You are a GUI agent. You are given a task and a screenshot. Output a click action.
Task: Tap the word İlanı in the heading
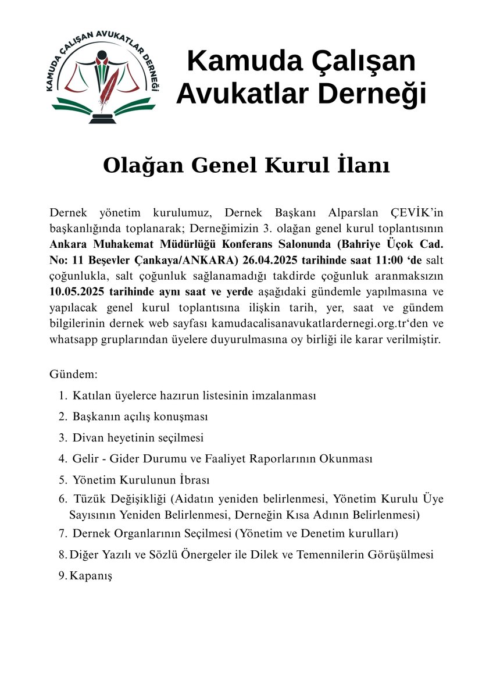click(x=362, y=165)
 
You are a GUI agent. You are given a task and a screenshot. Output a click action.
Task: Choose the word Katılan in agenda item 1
click(x=90, y=396)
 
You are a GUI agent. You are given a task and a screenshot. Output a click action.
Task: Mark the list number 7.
click(x=62, y=533)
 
